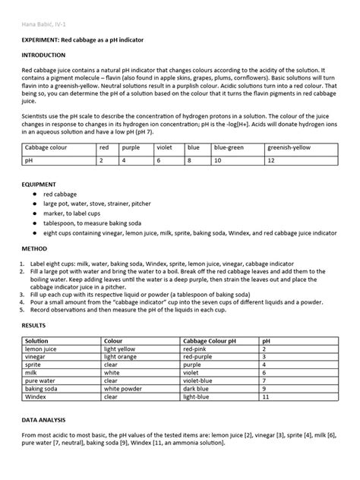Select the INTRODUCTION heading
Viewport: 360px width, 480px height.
tap(46, 55)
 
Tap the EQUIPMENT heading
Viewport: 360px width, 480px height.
tap(42, 185)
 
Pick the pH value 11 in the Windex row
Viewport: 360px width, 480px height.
tap(266, 396)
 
